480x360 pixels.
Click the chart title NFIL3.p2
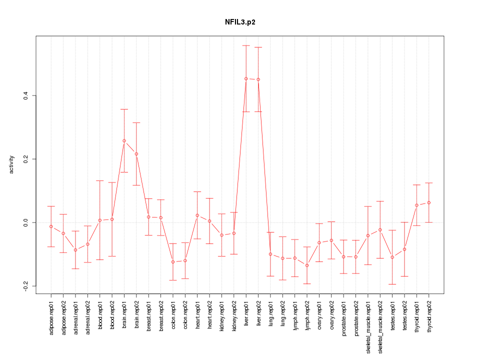(240, 22)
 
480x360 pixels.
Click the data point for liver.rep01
(246, 78)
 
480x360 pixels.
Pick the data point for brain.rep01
(124, 141)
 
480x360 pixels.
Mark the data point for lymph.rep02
(307, 265)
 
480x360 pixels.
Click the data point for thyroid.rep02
(428, 202)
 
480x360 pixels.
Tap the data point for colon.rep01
(173, 262)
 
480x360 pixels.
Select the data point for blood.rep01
(100, 220)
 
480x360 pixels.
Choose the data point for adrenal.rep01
(75, 250)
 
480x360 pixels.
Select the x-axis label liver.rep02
(258, 317)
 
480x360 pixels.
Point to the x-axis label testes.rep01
(392, 318)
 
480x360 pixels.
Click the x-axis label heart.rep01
(197, 317)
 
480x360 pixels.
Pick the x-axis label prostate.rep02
(356, 321)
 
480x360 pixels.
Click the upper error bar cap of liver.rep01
(246, 45)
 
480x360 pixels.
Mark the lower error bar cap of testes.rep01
(392, 284)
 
